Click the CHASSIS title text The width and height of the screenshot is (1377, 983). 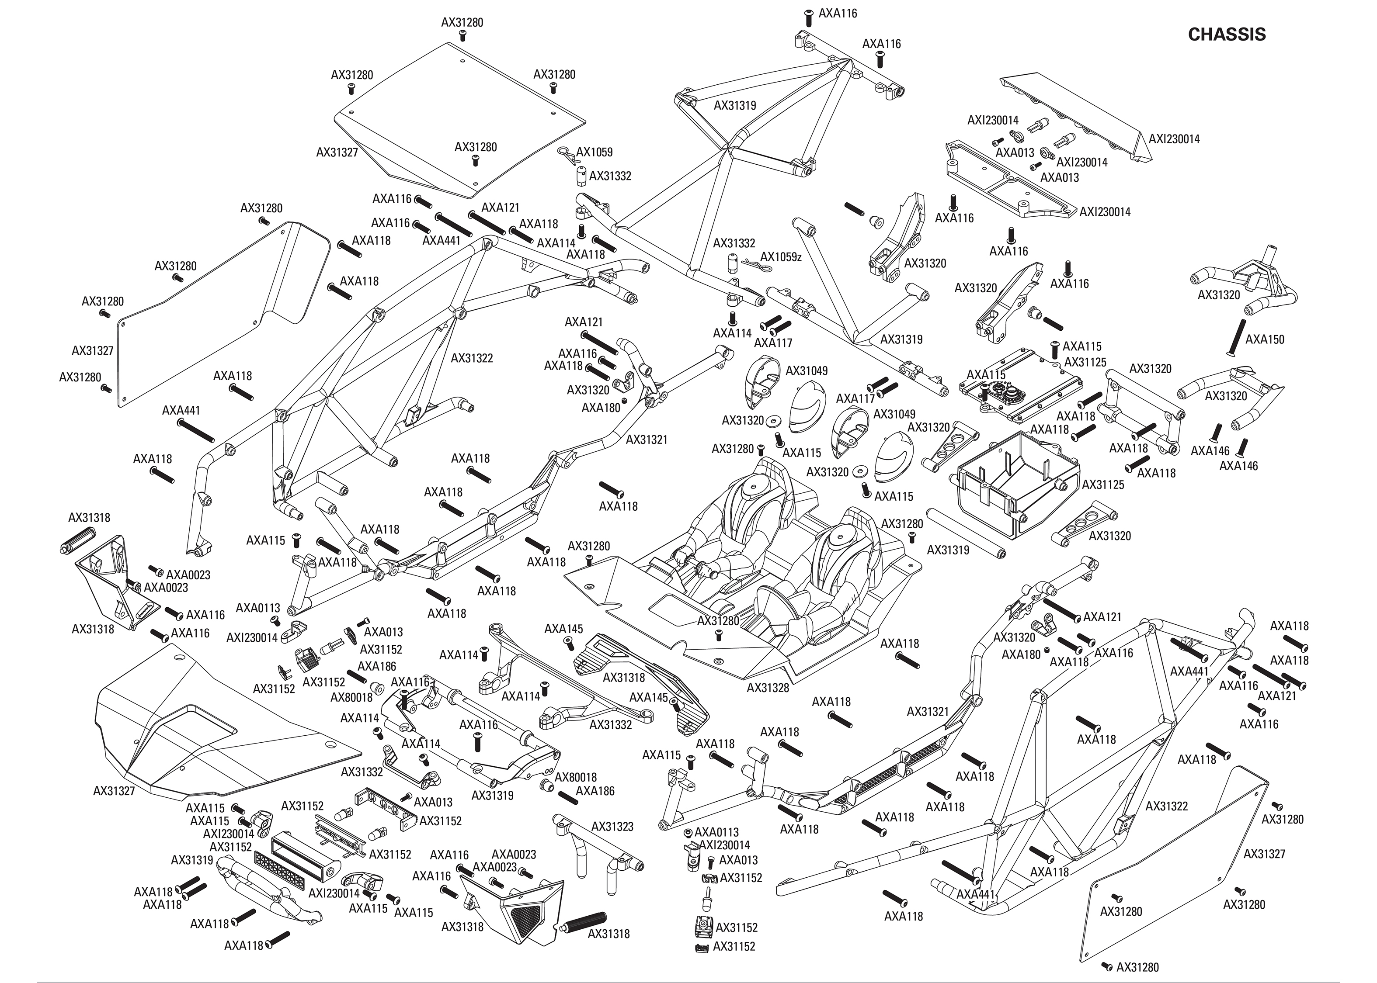coord(1226,35)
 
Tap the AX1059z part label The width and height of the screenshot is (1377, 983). coord(781,256)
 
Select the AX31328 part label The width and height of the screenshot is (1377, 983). coord(768,688)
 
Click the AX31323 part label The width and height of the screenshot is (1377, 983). coord(612,826)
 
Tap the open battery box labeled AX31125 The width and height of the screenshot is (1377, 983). coord(1008,478)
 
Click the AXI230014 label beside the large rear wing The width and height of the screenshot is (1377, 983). coord(1174,138)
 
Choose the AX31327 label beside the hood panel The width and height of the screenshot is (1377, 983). coord(114,790)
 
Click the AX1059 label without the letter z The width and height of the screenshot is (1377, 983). coord(594,152)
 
